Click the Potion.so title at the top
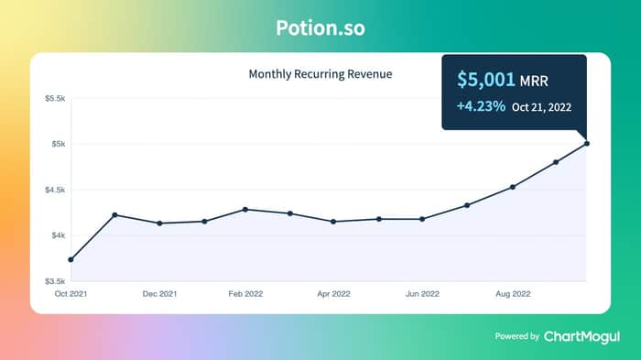pos(320,27)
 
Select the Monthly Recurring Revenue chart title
pos(320,74)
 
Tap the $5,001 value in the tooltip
pos(486,80)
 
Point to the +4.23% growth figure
pos(481,106)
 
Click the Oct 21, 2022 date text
pos(542,107)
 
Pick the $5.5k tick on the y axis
pos(55,98)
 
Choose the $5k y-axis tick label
pos(58,144)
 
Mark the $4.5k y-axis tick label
pos(55,190)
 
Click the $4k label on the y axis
pos(58,235)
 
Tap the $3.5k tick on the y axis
pos(55,281)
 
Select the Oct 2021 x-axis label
pos(71,294)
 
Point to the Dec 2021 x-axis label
pos(159,294)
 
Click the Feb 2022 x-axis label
pos(245,294)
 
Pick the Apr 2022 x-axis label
pos(333,294)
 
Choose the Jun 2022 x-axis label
pos(422,294)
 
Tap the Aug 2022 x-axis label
pos(513,294)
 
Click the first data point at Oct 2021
pos(71,260)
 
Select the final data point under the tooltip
pos(587,144)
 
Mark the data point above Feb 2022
pos(245,210)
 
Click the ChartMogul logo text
pos(581,337)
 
